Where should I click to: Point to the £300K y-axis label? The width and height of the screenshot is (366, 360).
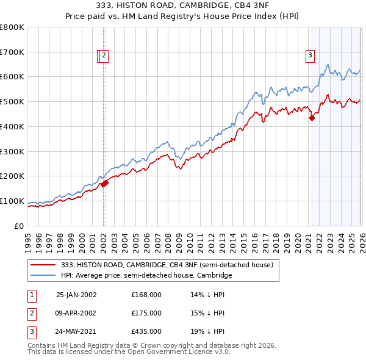[x=12, y=151]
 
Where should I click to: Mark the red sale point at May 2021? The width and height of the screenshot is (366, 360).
[x=312, y=118]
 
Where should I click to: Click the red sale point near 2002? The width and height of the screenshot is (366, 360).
[x=105, y=182]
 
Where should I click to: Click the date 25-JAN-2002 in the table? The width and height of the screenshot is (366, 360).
[x=76, y=294]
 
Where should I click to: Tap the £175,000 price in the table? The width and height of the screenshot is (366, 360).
[x=146, y=313]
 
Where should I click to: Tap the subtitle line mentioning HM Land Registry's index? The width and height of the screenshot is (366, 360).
[x=183, y=17]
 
